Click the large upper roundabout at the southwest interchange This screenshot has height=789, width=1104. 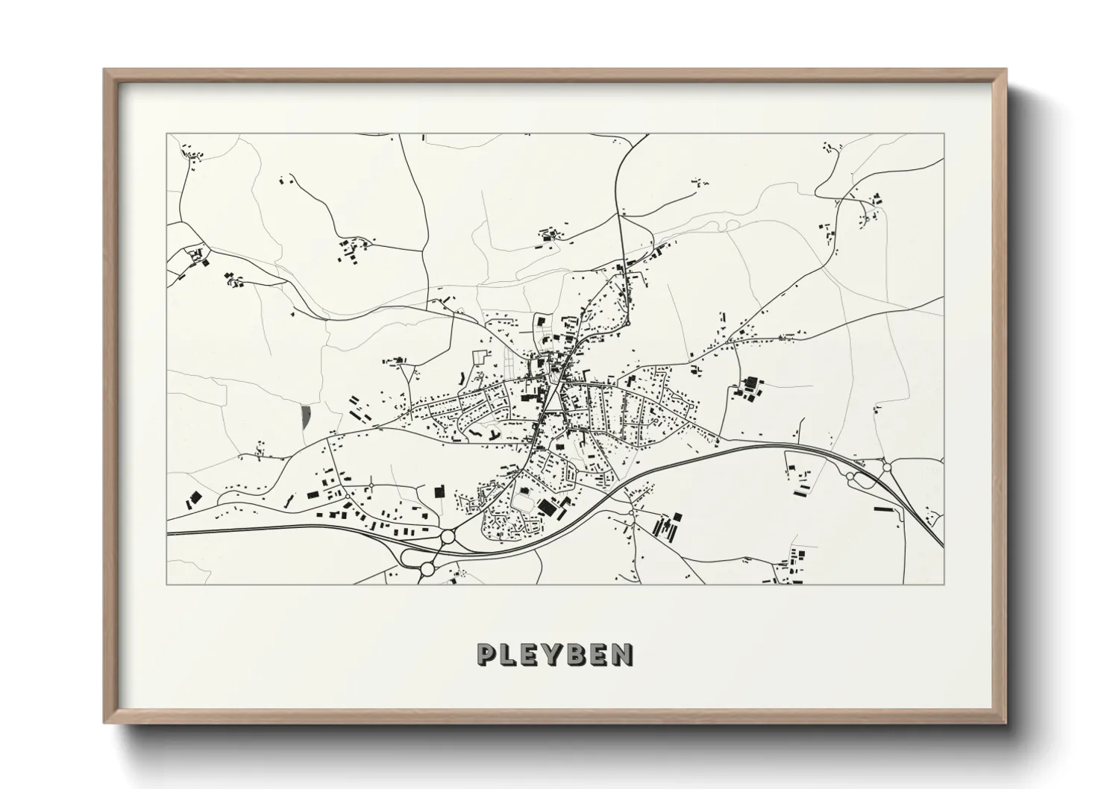448,536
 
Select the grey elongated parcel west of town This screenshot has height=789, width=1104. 305,415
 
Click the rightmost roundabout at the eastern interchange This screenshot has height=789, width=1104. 888,467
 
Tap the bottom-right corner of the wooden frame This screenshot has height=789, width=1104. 1006,723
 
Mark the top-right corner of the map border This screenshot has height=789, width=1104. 944,134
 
